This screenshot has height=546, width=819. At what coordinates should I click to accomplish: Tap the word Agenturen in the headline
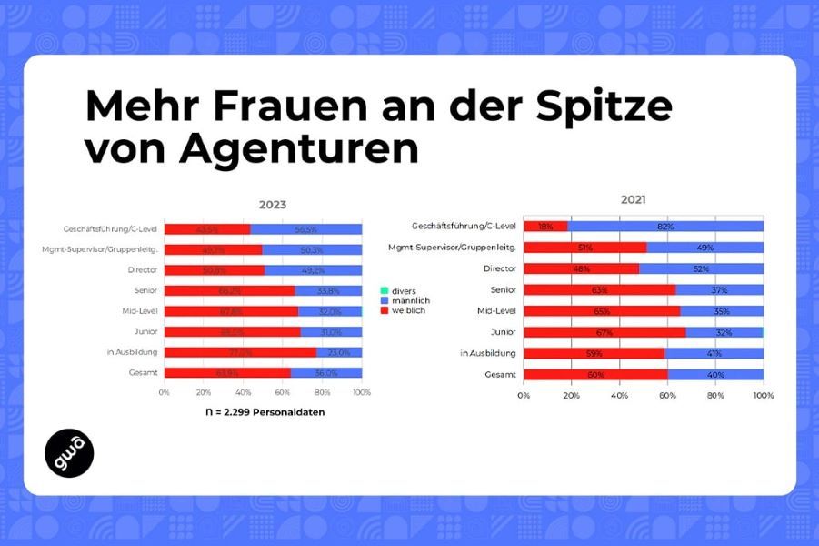299,149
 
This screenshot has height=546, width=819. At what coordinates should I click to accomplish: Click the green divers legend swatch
384,290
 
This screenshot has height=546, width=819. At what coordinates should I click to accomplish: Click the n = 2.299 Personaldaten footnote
264,412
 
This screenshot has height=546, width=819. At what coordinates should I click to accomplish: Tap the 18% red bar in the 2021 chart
545,226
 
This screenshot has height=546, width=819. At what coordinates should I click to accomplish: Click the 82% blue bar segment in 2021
665,226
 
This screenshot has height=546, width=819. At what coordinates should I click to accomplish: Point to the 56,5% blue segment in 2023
305,229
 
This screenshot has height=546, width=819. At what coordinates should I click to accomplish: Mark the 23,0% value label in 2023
338,352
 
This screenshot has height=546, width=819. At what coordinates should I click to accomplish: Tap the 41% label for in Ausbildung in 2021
714,352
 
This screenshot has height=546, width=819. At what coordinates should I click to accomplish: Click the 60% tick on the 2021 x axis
668,396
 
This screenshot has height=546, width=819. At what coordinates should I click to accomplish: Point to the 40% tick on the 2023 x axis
243,392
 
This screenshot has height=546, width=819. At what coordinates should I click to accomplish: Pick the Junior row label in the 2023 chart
144,331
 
